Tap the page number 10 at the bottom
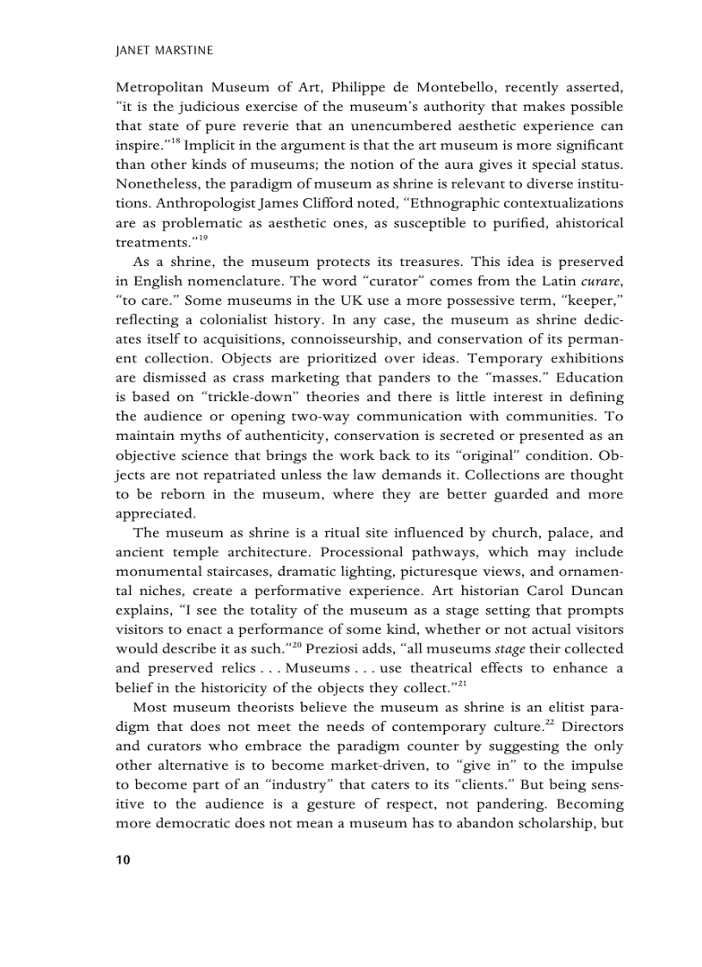pyautogui.click(x=122, y=860)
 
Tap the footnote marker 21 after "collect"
pyautogui.click(x=461, y=682)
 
